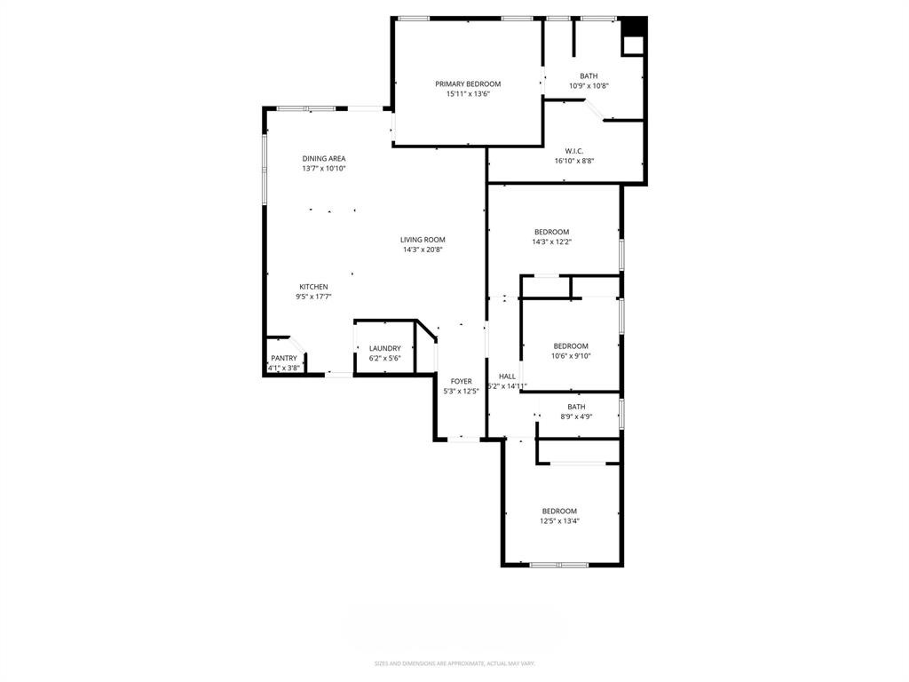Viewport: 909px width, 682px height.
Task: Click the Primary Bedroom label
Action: click(468, 83)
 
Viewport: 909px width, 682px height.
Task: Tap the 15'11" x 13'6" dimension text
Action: click(468, 93)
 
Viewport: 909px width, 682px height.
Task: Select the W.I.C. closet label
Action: click(573, 150)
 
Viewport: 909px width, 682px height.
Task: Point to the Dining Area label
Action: click(324, 158)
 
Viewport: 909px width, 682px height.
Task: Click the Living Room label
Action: click(423, 239)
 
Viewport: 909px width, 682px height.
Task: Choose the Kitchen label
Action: click(313, 287)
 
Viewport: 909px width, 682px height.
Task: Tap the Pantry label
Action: click(284, 358)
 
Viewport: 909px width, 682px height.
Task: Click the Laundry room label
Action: click(385, 348)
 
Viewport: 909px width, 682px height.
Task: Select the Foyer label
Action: click(461, 381)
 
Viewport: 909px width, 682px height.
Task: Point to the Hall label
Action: click(507, 377)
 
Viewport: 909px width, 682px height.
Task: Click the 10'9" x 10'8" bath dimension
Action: click(589, 86)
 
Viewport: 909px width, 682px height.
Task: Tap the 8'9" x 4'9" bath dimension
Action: click(576, 416)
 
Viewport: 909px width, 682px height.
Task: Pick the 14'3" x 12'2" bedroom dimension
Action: click(551, 242)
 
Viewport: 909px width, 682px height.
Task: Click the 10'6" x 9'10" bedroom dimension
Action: click(571, 356)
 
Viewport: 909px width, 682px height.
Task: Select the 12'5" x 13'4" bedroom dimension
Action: click(559, 521)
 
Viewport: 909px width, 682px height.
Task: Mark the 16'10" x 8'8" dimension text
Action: click(573, 161)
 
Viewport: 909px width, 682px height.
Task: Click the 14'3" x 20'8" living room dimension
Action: click(423, 250)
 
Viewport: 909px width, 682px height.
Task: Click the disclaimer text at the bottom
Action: click(454, 663)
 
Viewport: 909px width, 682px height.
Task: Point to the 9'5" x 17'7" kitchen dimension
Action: click(313, 297)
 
